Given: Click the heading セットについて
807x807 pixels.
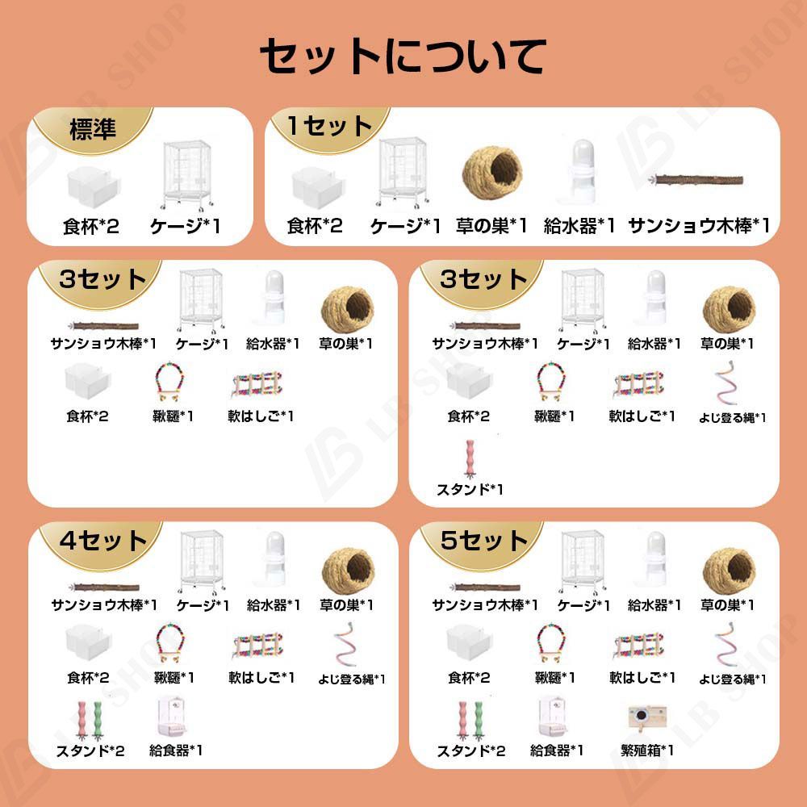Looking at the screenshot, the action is (x=403, y=56).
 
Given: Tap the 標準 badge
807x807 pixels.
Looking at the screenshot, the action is (x=93, y=128).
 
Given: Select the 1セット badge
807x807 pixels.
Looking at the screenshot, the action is (x=329, y=126).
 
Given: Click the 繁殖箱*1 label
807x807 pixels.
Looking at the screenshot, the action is (x=647, y=751).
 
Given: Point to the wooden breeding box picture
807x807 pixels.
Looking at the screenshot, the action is (x=647, y=717).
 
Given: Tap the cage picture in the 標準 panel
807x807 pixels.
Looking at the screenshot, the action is (x=186, y=175).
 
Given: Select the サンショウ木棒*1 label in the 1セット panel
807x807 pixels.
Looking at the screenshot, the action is (x=699, y=225).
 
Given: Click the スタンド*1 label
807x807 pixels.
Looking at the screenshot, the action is (x=470, y=490).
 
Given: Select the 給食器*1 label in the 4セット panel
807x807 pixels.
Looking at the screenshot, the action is (x=175, y=751).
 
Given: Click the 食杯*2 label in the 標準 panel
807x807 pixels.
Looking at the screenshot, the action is (x=90, y=226).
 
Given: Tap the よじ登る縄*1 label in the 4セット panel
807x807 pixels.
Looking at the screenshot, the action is (x=352, y=679).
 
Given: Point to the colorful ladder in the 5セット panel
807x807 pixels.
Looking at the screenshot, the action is (x=638, y=646).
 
